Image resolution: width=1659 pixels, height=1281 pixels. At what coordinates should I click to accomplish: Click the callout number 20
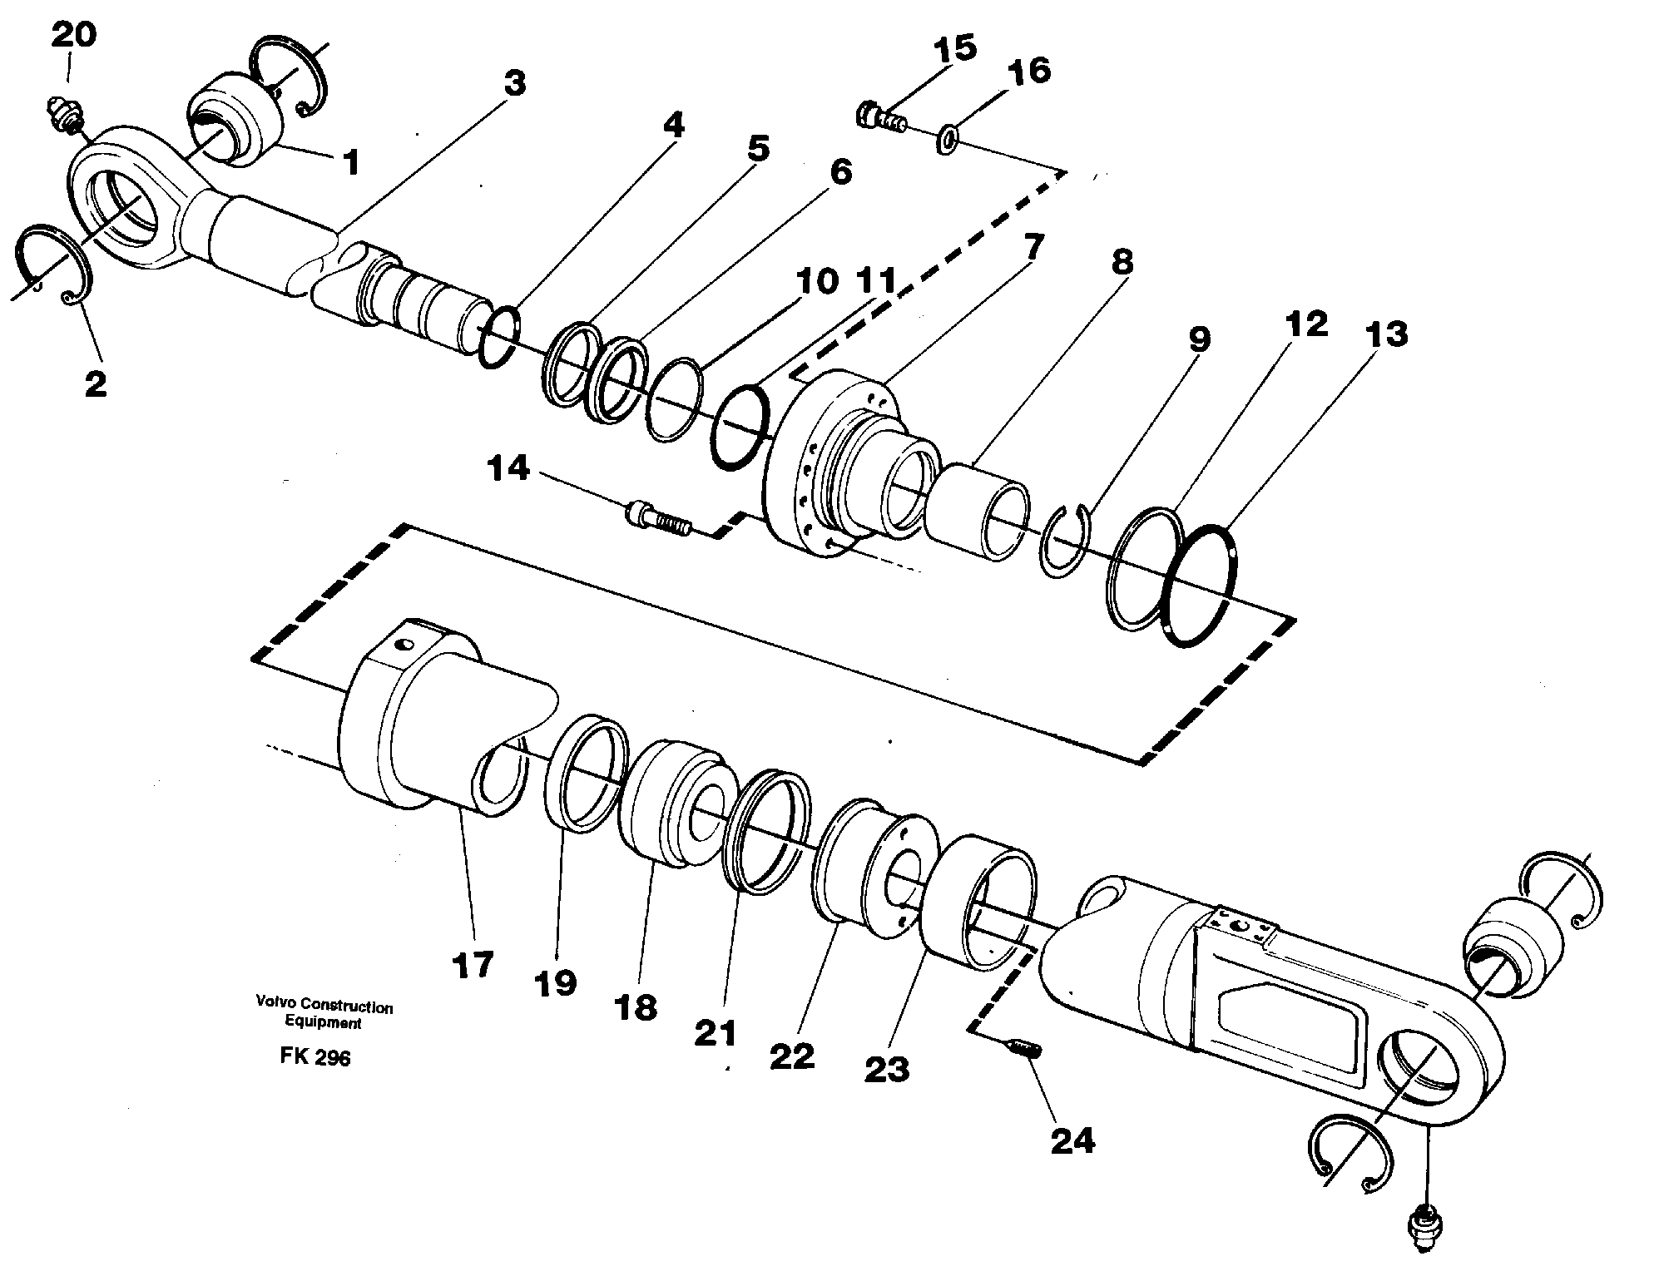click(73, 35)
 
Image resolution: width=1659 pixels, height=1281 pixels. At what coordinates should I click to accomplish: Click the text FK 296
click(315, 1057)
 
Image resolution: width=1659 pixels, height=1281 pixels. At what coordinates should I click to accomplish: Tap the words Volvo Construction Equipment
click(324, 1015)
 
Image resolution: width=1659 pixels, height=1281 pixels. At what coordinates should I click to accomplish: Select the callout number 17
click(473, 966)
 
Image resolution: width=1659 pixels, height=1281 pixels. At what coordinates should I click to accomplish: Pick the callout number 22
click(791, 1056)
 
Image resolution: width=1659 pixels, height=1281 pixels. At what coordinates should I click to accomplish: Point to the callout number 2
click(95, 383)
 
